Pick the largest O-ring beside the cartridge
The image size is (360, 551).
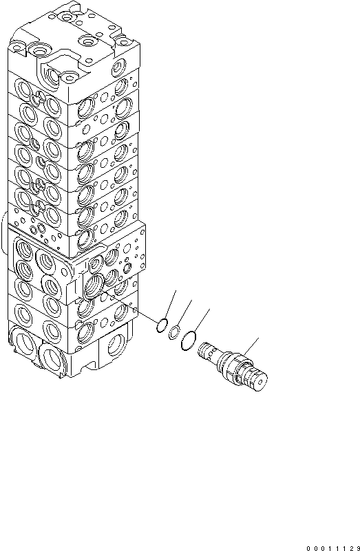coord(189,339)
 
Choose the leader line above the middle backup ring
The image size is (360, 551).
coord(184,312)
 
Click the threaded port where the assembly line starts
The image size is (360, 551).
coord(94,283)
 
